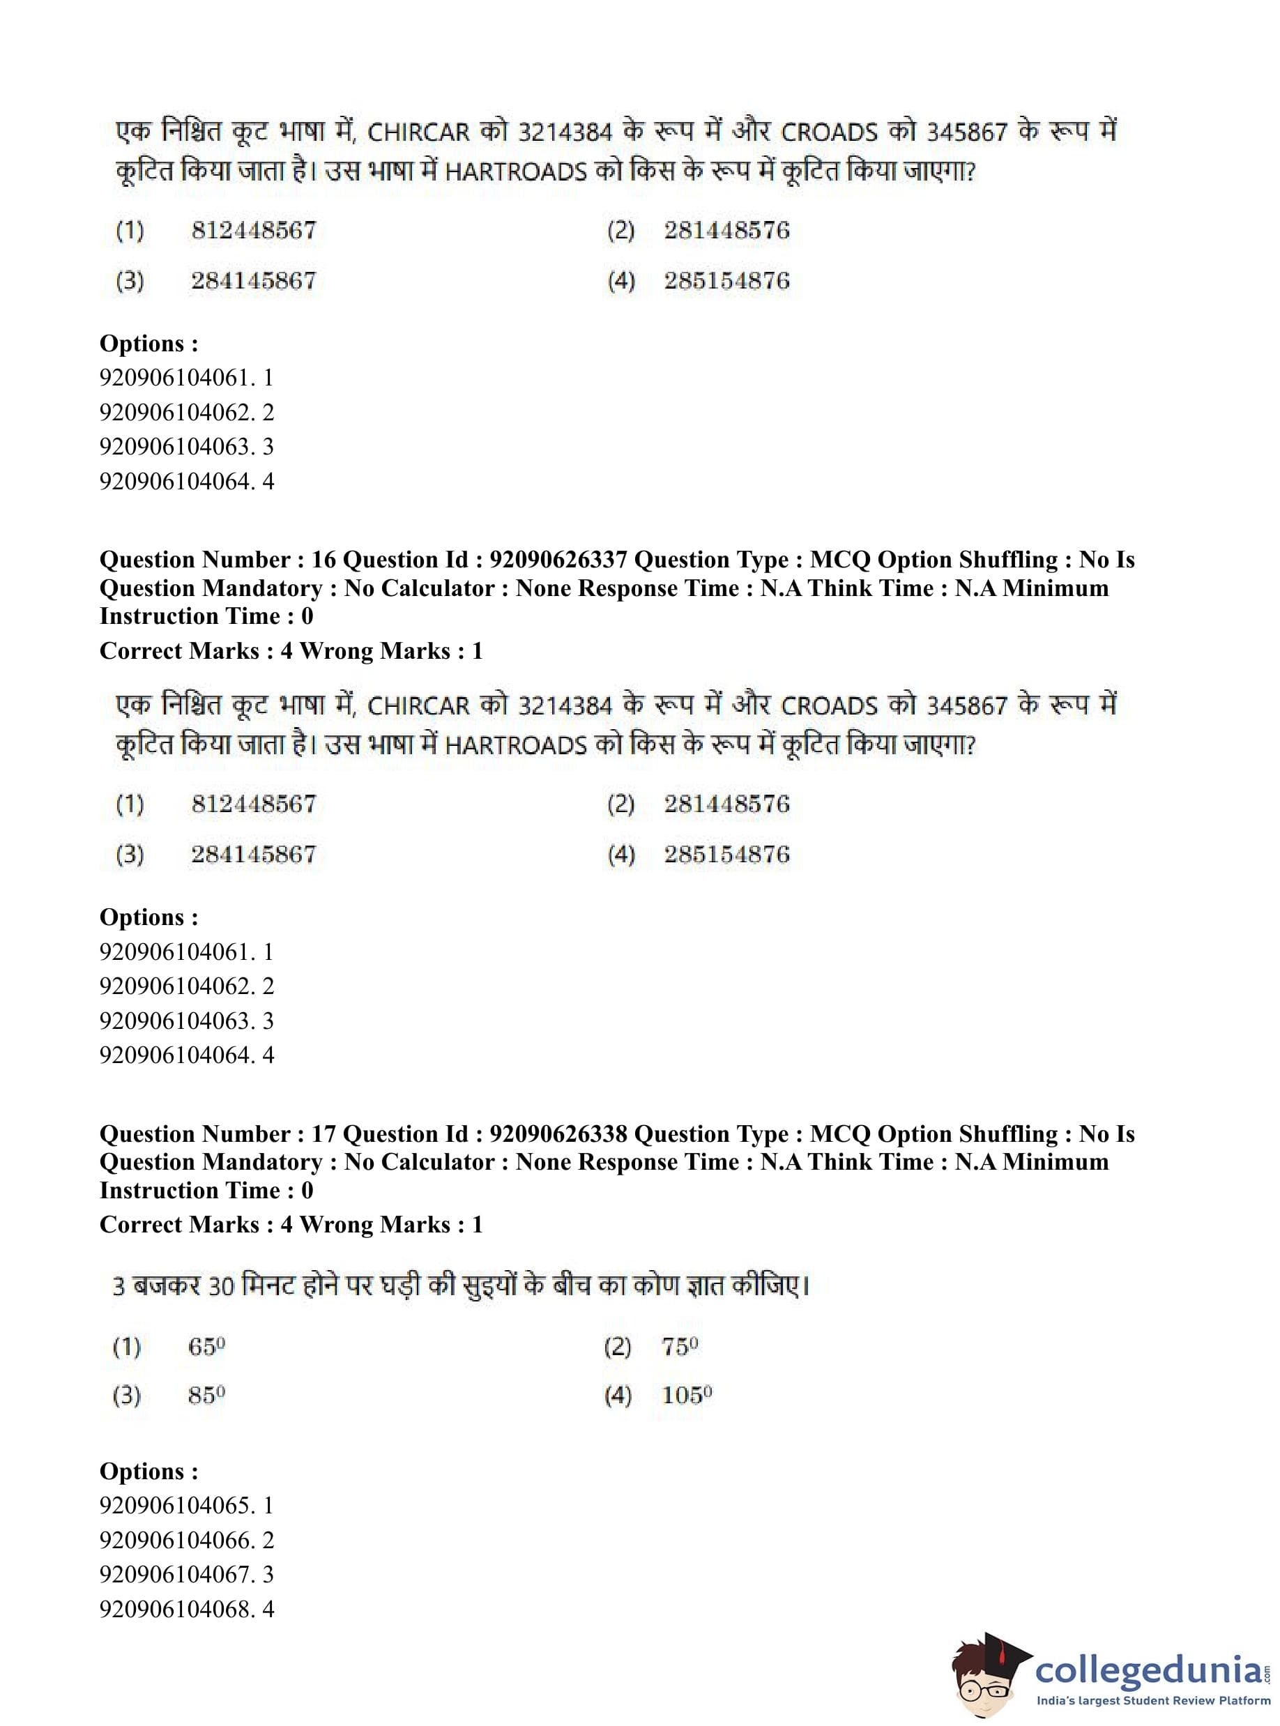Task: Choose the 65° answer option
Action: [206, 1347]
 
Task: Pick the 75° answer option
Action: [680, 1347]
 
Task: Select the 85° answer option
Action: [206, 1395]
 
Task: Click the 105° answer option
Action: [687, 1395]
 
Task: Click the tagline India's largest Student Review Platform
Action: [1153, 1700]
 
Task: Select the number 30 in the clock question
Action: [221, 1287]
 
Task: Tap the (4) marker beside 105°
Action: [618, 1396]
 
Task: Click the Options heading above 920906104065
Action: [148, 1471]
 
